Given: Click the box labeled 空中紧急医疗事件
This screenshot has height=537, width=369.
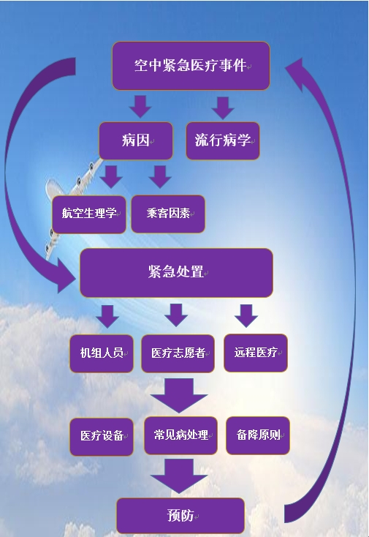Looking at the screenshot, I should (x=191, y=66).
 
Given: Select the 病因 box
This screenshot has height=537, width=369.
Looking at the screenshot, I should (x=136, y=140).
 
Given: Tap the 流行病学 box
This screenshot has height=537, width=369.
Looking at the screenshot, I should (x=222, y=140).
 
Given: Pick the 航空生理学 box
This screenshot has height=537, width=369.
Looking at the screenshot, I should (x=89, y=214).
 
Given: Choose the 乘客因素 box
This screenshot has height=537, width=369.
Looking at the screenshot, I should (x=168, y=214).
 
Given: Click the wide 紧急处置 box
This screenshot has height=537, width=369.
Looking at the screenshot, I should (x=175, y=272).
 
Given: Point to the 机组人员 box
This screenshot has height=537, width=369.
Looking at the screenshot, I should (x=102, y=353).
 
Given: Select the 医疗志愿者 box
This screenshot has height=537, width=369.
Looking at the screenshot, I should (x=178, y=353).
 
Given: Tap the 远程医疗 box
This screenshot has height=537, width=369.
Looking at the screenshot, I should (x=255, y=353).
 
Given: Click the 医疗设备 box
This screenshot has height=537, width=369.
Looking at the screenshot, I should (x=102, y=436).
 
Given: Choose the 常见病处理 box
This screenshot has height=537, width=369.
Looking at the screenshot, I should (x=180, y=436).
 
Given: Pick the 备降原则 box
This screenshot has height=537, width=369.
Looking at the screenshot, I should (x=258, y=435).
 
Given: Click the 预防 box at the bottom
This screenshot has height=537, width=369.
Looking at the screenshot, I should (x=180, y=516).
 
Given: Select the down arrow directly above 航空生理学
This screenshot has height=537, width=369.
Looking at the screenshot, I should (x=111, y=176).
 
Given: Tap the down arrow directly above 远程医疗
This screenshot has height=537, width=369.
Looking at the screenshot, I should (x=246, y=315).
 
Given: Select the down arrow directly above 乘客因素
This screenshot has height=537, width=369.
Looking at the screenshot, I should (x=159, y=176).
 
